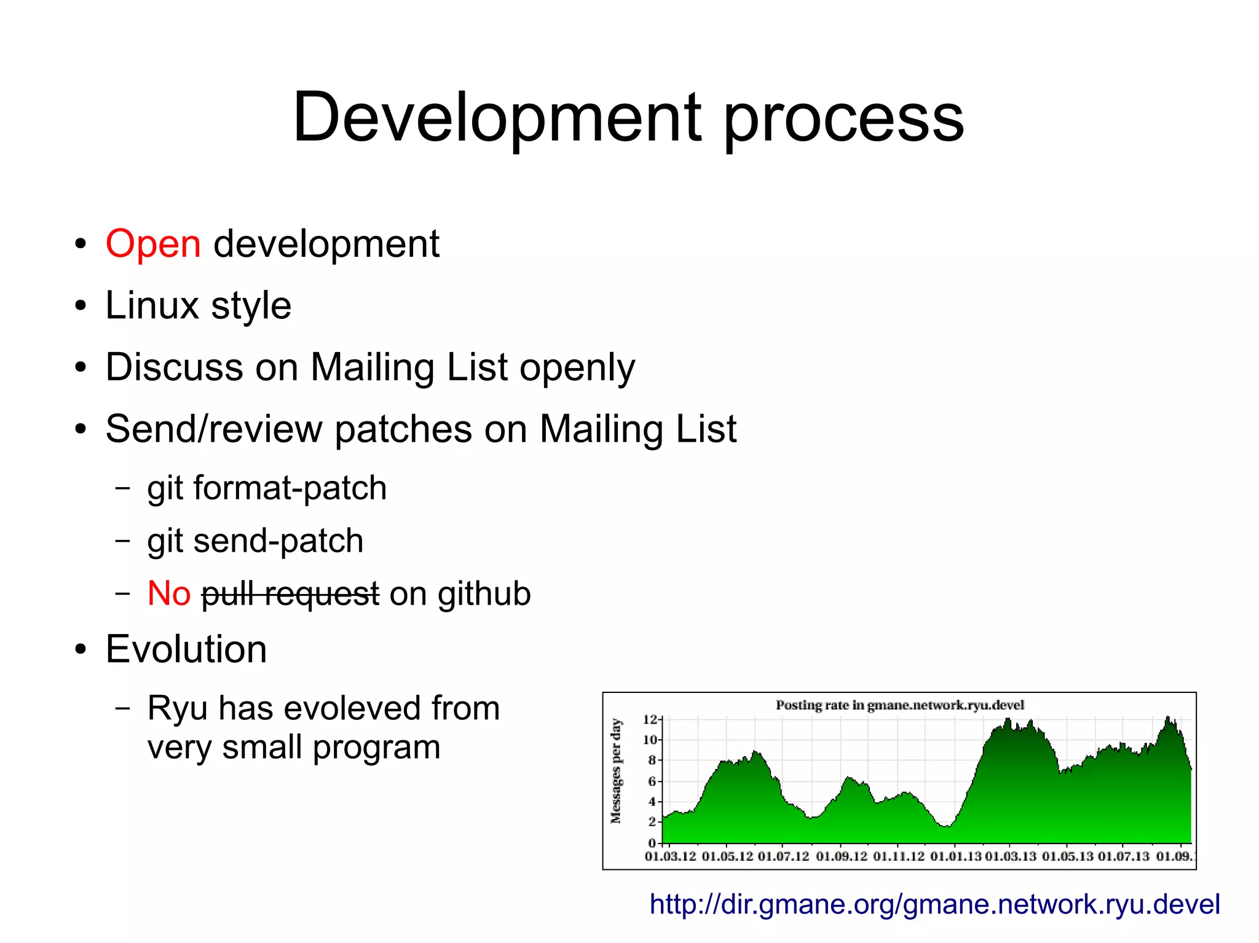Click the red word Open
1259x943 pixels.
pos(153,244)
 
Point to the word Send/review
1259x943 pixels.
pos(213,429)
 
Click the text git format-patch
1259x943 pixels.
pos(267,488)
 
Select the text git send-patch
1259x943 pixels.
pos(255,541)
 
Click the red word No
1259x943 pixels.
pos(169,594)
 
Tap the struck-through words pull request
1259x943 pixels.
pos(290,594)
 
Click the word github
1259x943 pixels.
pos(484,594)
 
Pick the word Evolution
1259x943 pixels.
pos(186,649)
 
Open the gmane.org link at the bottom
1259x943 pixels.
pos(934,904)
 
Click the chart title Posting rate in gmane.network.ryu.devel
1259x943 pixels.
pos(899,705)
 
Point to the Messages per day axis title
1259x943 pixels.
pos(616,771)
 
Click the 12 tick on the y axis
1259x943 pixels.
pos(649,719)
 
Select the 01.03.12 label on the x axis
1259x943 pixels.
pos(670,856)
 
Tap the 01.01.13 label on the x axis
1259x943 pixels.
pos(955,856)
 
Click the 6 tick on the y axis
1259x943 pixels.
pos(652,781)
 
